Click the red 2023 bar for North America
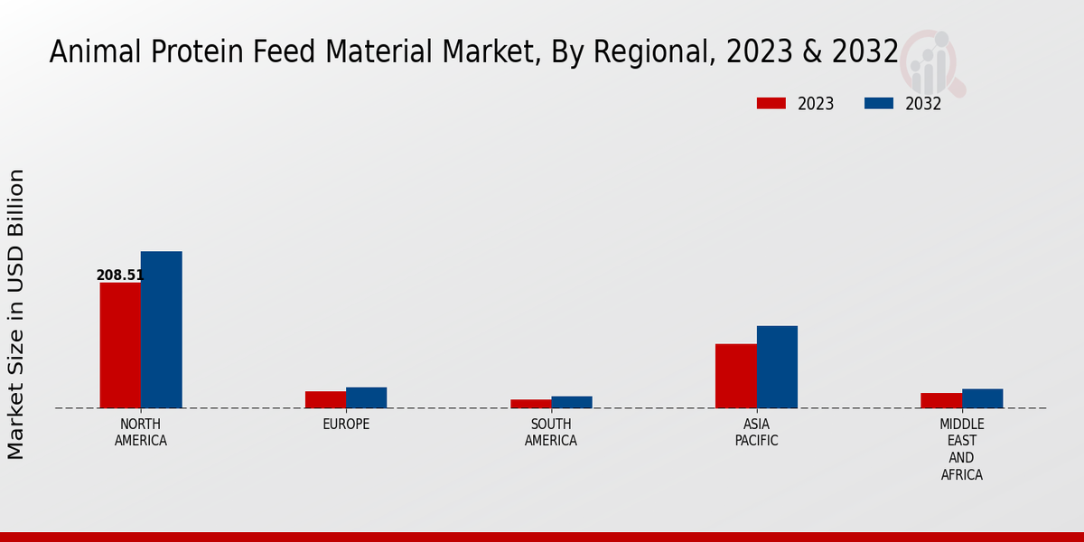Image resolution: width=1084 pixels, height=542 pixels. pyautogui.click(x=120, y=345)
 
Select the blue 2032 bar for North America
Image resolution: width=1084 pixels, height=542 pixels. pyautogui.click(x=161, y=330)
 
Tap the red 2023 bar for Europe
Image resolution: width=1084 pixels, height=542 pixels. pyautogui.click(x=325, y=399)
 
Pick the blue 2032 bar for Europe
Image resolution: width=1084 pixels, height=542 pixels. pyautogui.click(x=366, y=397)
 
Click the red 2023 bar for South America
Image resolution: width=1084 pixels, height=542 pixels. pyautogui.click(x=530, y=404)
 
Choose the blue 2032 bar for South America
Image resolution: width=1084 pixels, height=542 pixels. pyautogui.click(x=572, y=402)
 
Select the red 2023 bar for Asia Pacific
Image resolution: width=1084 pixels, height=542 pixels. pyautogui.click(x=735, y=376)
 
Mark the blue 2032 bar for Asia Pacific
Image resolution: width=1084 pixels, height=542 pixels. pyautogui.click(x=777, y=367)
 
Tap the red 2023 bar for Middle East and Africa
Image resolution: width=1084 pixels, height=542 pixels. pyautogui.click(x=941, y=400)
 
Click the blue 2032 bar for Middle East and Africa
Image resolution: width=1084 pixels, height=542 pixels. pyautogui.click(x=982, y=398)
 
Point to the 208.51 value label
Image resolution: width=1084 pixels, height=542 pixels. pyautogui.click(x=119, y=276)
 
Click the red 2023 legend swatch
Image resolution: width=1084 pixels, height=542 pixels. pyautogui.click(x=771, y=103)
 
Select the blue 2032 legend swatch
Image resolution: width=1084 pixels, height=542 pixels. pyautogui.click(x=878, y=103)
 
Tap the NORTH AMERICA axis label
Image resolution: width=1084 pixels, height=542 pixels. pyautogui.click(x=141, y=433)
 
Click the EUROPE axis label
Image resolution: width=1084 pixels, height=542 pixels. pyautogui.click(x=346, y=425)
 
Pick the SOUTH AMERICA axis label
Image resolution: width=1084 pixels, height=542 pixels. pyautogui.click(x=551, y=433)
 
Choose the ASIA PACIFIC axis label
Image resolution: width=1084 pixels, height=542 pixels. pyautogui.click(x=756, y=433)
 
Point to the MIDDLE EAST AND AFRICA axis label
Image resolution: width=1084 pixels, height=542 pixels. pyautogui.click(x=962, y=449)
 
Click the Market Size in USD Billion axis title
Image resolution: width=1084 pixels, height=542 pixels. pyautogui.click(x=16, y=313)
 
